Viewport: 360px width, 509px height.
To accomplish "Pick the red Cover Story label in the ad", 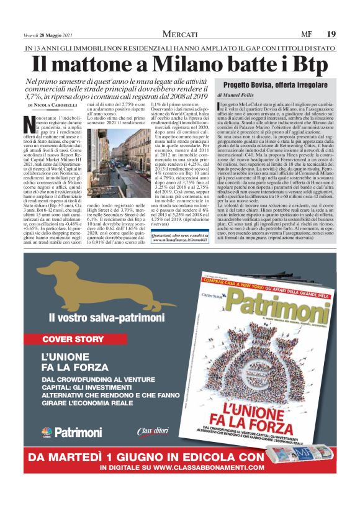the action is pos(73,339).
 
